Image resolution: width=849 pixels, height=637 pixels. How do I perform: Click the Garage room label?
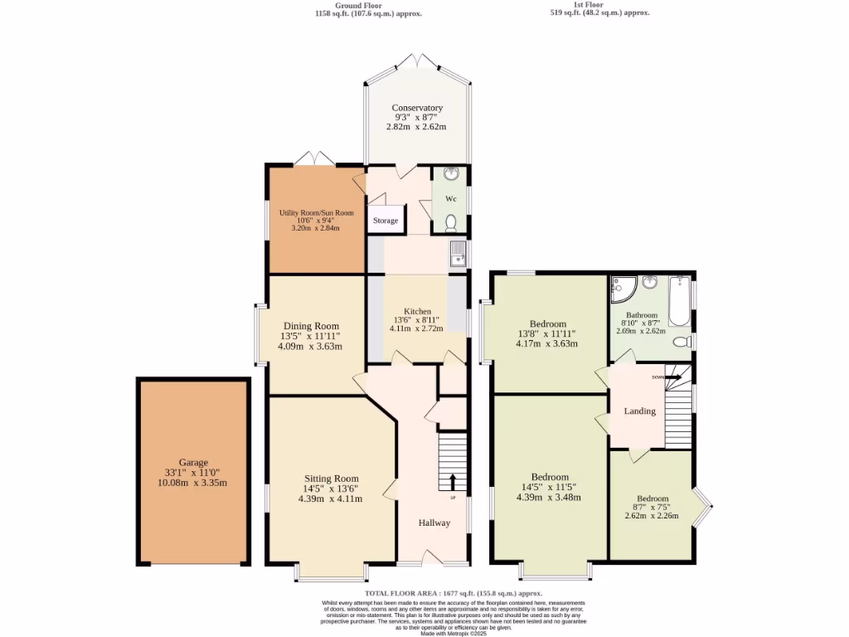coord(193,463)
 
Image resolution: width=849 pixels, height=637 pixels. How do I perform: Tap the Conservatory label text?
coord(416,108)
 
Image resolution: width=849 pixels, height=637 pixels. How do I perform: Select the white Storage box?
coord(386,221)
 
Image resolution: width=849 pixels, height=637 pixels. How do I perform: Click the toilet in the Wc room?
coord(451,222)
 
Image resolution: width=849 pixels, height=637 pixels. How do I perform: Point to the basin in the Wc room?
coord(451,174)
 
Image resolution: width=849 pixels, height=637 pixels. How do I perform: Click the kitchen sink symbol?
coord(458,255)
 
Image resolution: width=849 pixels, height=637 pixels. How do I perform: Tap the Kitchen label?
coord(416,311)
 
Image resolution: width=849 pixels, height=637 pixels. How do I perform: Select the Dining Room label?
coord(311,326)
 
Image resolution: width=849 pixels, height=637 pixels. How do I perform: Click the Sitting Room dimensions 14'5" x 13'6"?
coord(331,489)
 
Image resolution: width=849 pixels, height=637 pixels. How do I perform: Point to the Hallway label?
coord(434,523)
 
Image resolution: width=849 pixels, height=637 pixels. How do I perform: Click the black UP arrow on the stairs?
coord(453,482)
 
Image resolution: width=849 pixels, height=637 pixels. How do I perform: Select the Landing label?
coord(639,411)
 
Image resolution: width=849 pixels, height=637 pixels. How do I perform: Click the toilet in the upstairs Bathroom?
coord(682,342)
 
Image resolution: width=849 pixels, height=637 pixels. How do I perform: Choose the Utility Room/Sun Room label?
coord(316,213)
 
